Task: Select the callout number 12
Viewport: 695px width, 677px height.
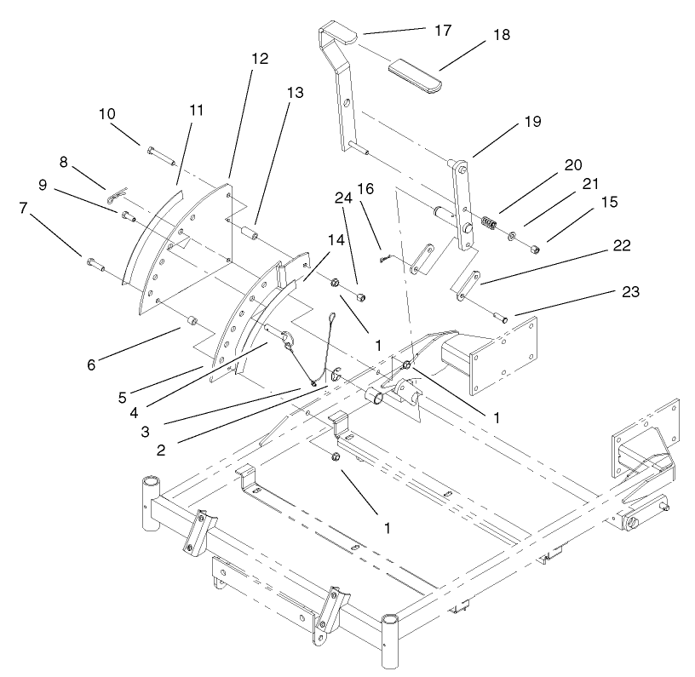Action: coord(259,59)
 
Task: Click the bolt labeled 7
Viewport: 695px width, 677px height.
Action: coord(95,262)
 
